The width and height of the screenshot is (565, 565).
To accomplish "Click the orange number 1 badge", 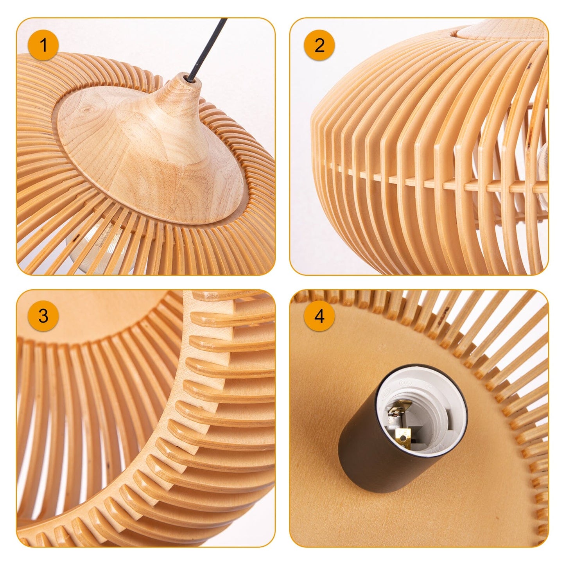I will [x=43, y=45].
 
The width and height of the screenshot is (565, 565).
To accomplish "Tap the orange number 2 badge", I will [x=319, y=45].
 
